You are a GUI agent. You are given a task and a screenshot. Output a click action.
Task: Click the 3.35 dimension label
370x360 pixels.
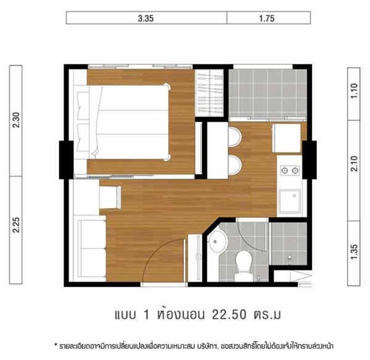pyautogui.click(x=146, y=19)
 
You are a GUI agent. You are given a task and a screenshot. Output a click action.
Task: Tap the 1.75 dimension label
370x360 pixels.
pyautogui.click(x=267, y=19)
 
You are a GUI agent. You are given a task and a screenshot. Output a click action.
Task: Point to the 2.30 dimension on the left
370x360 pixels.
pyautogui.click(x=16, y=120)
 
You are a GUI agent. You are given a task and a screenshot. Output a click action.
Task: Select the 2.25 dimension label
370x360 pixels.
pyautogui.click(x=16, y=225)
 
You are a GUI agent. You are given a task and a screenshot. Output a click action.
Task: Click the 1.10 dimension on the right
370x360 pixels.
pyautogui.click(x=354, y=91)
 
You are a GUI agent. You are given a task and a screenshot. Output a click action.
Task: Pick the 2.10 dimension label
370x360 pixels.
pyautogui.click(x=354, y=164)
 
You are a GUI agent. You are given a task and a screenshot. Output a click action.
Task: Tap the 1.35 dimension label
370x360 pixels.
pyautogui.click(x=354, y=252)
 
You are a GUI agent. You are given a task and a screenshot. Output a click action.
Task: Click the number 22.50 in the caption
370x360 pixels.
pyautogui.click(x=229, y=315)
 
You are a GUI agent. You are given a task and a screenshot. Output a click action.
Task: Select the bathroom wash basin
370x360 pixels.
pyautogui.click(x=216, y=241)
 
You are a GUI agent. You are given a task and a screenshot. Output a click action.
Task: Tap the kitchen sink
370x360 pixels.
pyautogui.click(x=290, y=201)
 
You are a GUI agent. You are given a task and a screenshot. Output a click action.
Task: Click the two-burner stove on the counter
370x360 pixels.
pyautogui.click(x=290, y=170)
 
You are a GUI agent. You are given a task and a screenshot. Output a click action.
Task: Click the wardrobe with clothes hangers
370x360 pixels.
pyautogui.click(x=210, y=93)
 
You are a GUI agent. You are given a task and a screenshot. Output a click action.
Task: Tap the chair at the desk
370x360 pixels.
pyautogui.click(x=110, y=197)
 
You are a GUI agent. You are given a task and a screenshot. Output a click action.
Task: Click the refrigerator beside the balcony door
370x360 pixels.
pyautogui.click(x=287, y=138)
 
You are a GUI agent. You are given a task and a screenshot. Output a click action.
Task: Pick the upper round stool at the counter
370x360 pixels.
pyautogui.click(x=235, y=138)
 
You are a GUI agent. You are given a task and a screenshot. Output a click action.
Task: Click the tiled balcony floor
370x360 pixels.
pyautogui.click(x=268, y=93)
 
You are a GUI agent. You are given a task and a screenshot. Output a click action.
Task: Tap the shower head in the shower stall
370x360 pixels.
pyautogui.click(x=290, y=257)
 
